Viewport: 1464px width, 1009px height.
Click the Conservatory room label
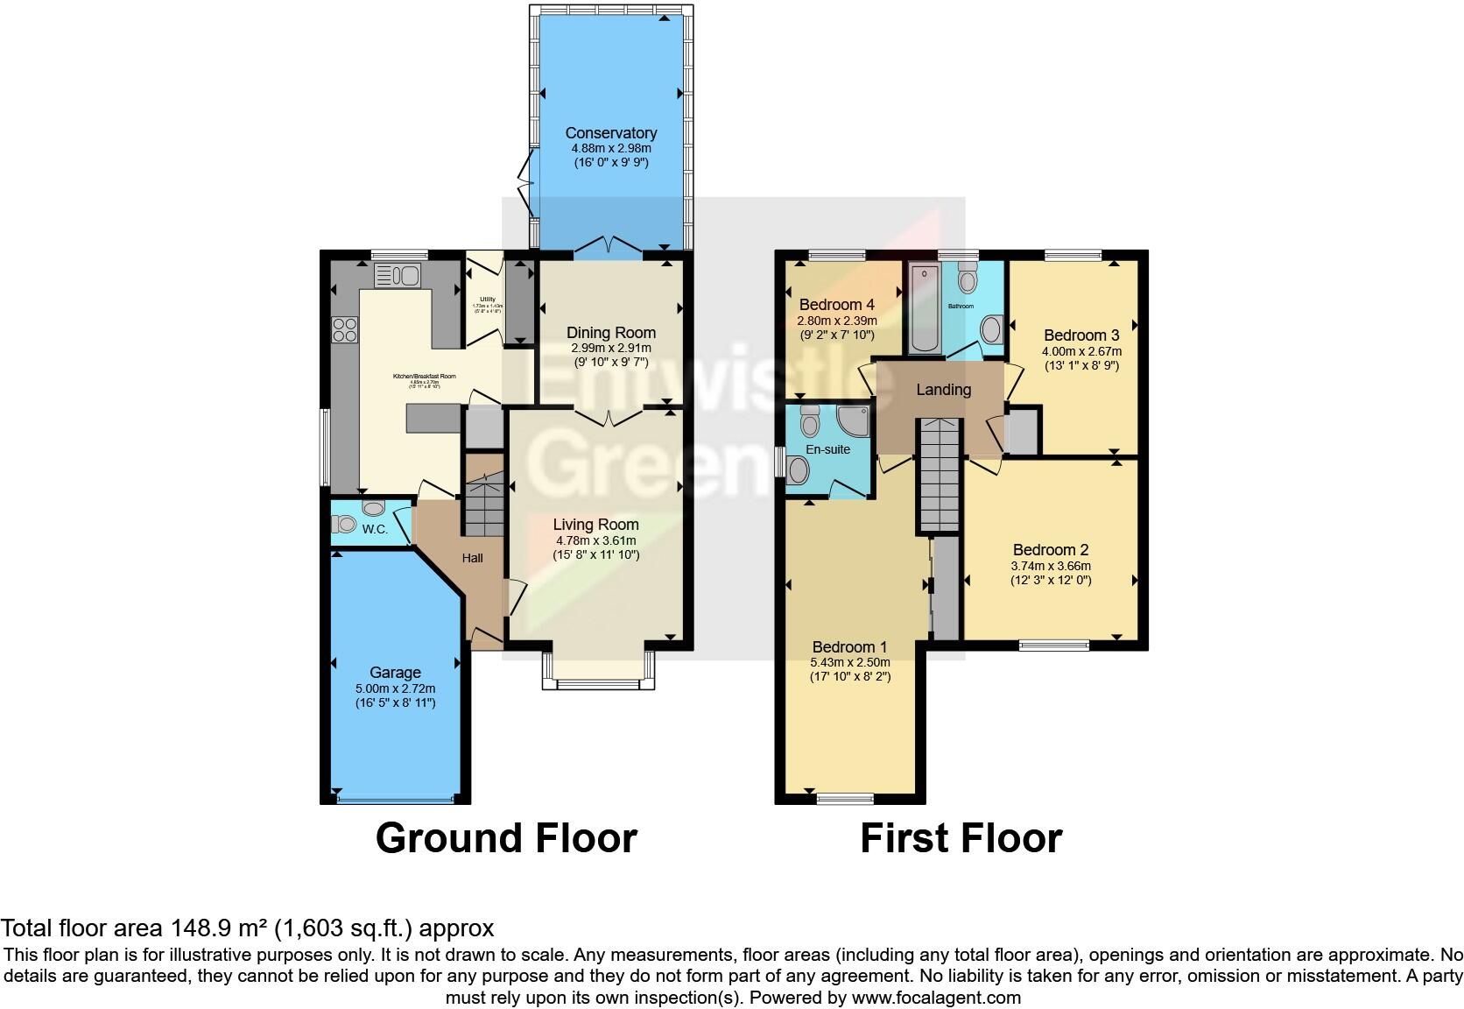coord(610,133)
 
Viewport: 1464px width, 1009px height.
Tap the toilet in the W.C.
coord(343,524)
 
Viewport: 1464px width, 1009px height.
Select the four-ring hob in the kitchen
coord(344,329)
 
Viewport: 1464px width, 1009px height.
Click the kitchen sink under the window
coord(398,275)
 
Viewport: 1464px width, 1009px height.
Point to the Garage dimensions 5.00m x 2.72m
coord(395,688)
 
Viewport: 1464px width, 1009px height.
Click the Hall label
coord(472,558)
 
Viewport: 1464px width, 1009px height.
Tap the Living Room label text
coord(595,525)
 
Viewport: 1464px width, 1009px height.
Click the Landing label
coord(943,390)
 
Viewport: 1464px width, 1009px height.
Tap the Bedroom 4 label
coord(837,305)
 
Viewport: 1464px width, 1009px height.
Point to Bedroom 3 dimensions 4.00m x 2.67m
coord(1080,351)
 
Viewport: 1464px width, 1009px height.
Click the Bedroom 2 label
coord(1050,550)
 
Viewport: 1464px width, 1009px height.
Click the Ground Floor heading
coord(506,838)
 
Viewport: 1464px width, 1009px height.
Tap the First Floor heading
coord(961,838)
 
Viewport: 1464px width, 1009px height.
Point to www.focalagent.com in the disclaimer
coord(935,998)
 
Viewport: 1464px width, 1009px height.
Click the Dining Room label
coord(610,333)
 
